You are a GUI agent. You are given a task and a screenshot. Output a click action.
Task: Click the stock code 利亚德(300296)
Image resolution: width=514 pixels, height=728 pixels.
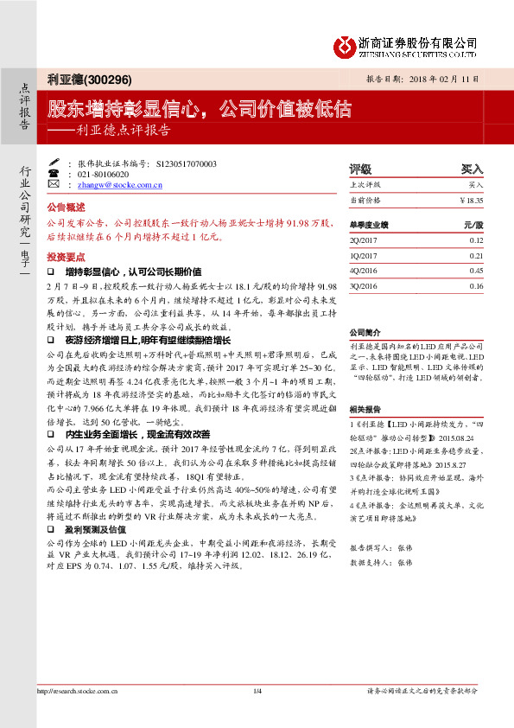tap(90, 80)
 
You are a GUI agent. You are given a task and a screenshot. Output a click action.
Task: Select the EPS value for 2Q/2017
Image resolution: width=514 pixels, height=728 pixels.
tap(476, 239)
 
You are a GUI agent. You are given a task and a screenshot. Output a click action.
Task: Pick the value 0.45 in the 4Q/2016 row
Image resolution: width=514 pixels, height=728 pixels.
tap(476, 271)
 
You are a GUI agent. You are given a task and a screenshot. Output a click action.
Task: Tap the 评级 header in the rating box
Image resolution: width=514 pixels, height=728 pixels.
tap(360, 169)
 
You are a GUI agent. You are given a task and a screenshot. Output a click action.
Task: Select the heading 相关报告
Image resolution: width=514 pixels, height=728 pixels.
tap(365, 407)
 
